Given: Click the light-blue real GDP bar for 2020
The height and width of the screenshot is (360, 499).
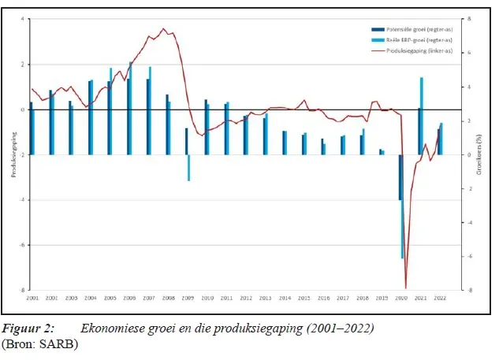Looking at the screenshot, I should pos(402,206).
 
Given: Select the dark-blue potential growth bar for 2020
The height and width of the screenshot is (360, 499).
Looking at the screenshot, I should pos(399,177).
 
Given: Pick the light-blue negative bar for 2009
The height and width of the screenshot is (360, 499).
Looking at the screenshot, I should pos(189,168).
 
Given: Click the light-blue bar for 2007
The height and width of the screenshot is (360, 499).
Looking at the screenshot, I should pos(150,110).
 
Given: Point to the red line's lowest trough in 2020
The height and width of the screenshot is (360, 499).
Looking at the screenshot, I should pos(406,288).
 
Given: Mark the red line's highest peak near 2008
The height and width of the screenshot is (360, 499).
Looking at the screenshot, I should pos(163,29).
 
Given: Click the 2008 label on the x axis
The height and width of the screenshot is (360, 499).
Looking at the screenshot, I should pos(167,299).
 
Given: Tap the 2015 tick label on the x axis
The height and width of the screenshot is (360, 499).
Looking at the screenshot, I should pos(303,299).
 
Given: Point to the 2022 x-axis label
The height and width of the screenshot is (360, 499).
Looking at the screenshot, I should pos(439,299).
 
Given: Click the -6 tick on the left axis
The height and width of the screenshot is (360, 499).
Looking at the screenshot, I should pos(22,245).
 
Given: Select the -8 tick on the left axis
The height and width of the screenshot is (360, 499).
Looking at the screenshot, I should pos(22,290).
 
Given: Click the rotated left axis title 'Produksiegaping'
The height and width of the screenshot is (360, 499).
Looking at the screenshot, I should pos(12,154).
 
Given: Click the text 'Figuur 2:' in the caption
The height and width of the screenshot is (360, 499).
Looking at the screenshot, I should pos(28,327).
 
